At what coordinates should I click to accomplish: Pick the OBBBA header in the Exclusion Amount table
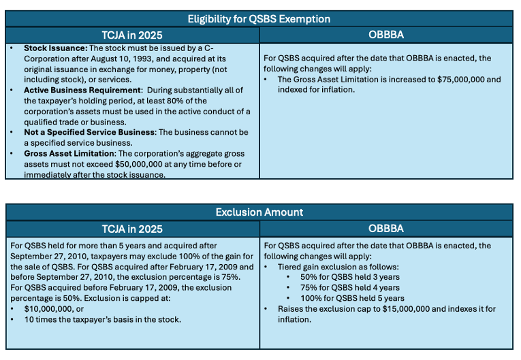pyautogui.click(x=386, y=229)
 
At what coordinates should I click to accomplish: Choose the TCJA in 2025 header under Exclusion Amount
pyautogui.click(x=132, y=229)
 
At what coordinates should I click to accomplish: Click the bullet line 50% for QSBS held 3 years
pyautogui.click(x=349, y=277)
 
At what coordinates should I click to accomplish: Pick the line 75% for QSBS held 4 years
pyautogui.click(x=349, y=287)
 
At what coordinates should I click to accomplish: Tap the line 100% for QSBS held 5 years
pyautogui.click(x=351, y=298)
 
